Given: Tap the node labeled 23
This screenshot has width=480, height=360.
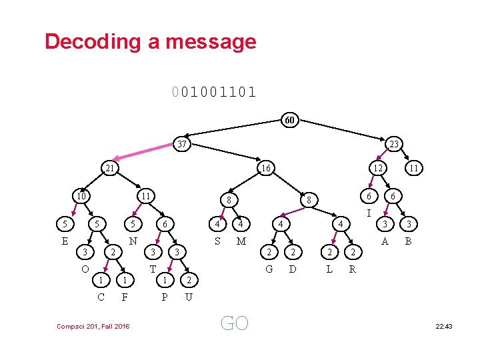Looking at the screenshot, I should pos(394,144).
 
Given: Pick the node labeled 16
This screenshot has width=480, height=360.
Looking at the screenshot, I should pos(265,169).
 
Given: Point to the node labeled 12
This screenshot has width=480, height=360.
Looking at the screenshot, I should pos(377,169).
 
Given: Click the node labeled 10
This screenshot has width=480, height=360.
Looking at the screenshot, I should pos(81,196).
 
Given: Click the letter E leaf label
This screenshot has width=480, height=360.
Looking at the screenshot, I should pos(65,241).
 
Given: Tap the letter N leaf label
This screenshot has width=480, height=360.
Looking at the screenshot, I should pos(133,241).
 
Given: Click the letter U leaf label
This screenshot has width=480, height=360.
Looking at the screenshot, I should pos(189,297).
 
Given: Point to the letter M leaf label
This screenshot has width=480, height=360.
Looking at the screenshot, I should pos(241,241).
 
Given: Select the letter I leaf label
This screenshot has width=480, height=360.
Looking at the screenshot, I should pos(368,213).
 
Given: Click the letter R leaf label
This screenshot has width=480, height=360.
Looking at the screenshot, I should pos(353,269).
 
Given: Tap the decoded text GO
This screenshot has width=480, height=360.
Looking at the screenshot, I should pos(234,323).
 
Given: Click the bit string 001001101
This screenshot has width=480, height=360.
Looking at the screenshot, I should pos(213,91).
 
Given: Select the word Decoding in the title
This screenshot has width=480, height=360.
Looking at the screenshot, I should pos(94,41).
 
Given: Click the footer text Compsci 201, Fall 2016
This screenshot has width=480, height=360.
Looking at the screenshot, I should pos(93,325).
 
